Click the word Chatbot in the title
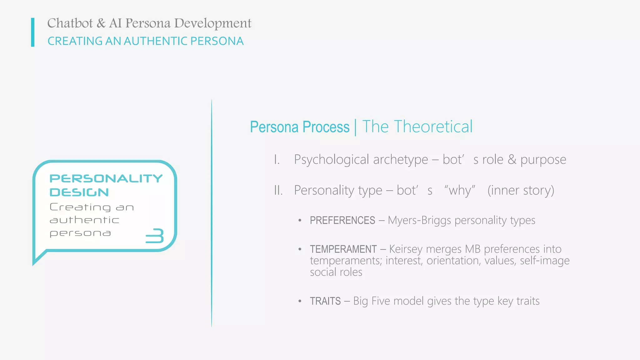click(x=70, y=23)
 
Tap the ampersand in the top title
click(x=101, y=23)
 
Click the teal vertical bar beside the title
click(x=33, y=32)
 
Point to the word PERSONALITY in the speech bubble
click(x=106, y=178)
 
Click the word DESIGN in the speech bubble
click(x=79, y=192)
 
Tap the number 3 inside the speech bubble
click(x=155, y=236)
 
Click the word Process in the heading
click(x=326, y=127)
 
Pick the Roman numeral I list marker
click(x=277, y=160)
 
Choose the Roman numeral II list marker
click(x=278, y=190)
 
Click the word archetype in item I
click(x=401, y=160)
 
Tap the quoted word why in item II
click(x=460, y=190)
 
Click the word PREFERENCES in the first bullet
click(x=342, y=220)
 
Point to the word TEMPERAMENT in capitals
click(x=343, y=249)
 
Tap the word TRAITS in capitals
click(x=325, y=301)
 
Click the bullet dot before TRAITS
click(x=300, y=301)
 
